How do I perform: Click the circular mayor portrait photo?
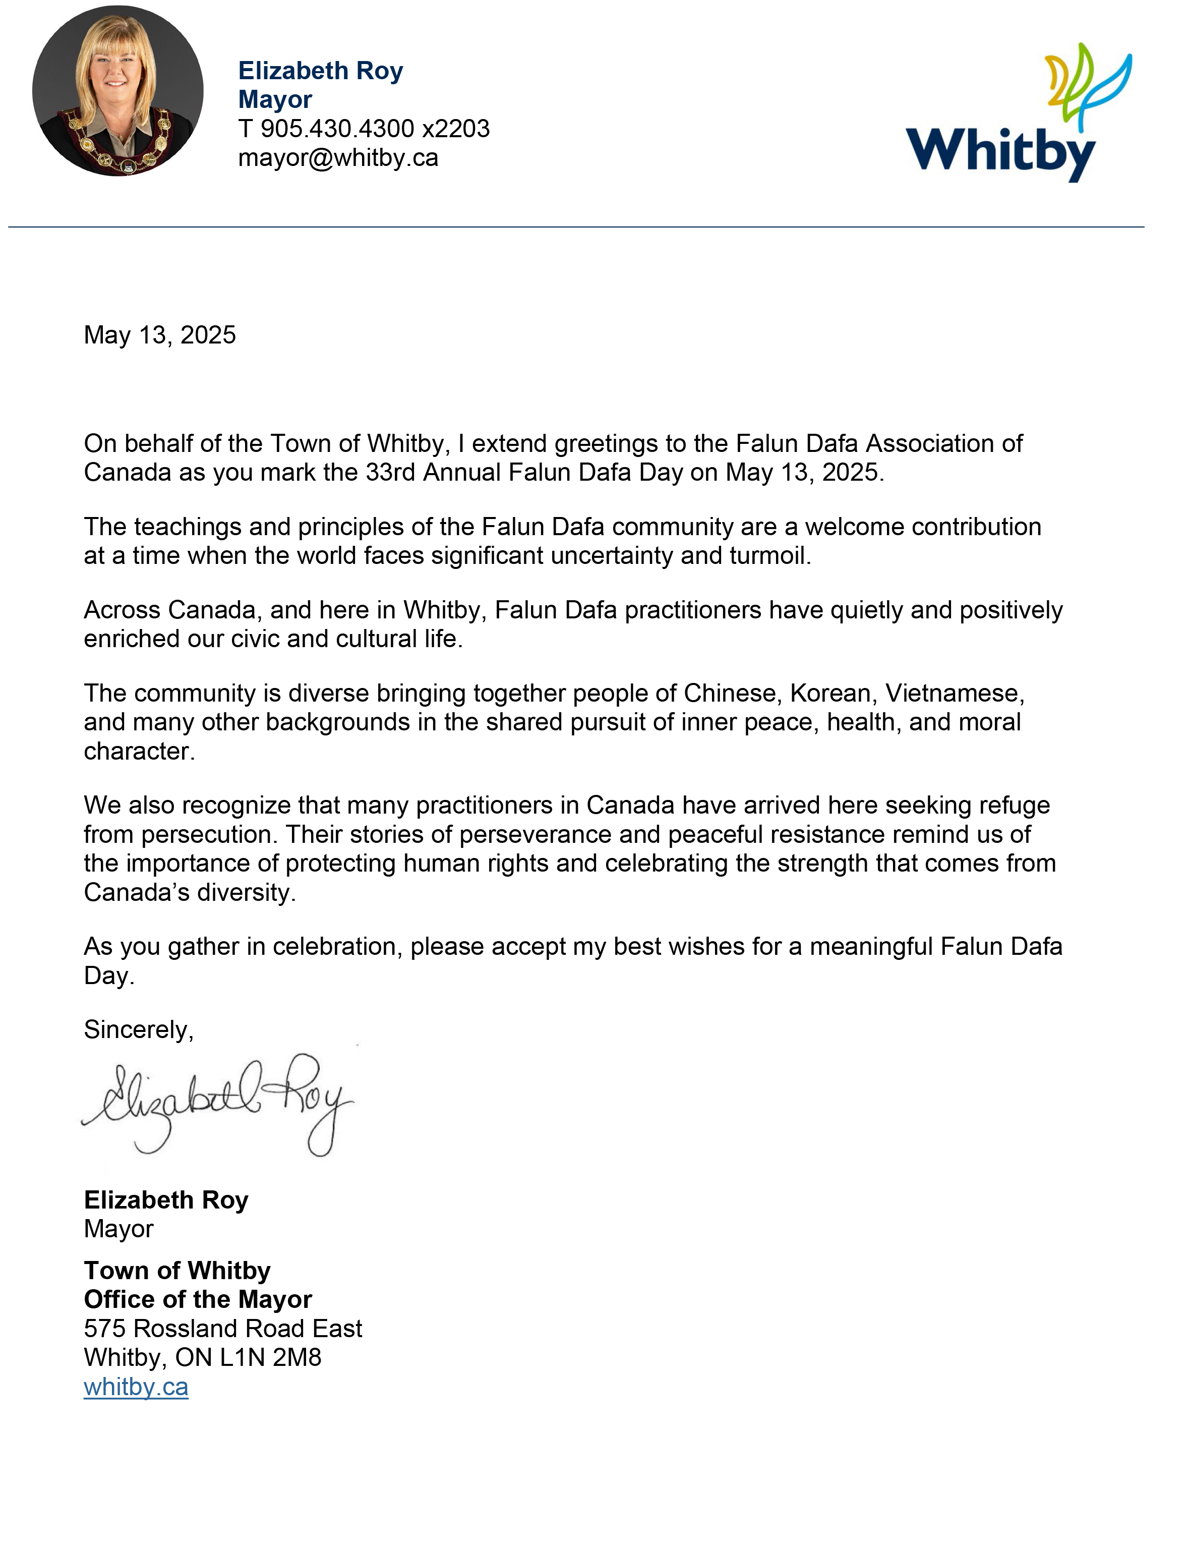118,91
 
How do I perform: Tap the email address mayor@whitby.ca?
338,157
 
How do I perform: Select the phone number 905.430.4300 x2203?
375,129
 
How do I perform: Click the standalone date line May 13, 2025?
159,335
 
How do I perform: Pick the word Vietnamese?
954,693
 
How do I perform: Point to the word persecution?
206,835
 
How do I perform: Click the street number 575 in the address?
105,1329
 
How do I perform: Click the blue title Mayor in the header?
275,99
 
